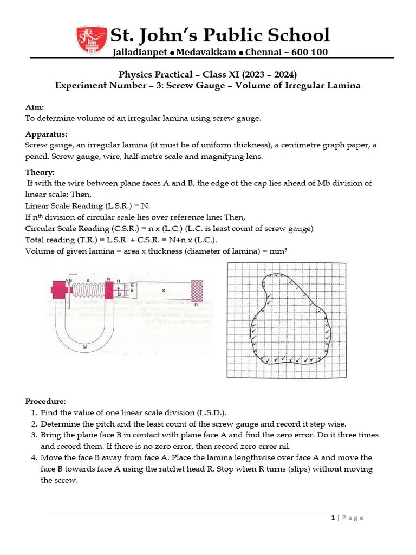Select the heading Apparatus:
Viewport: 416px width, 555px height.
(x=46, y=134)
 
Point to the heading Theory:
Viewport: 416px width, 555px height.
(x=40, y=172)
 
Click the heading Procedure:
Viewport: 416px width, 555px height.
(x=45, y=402)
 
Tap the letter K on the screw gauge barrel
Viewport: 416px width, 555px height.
(x=163, y=291)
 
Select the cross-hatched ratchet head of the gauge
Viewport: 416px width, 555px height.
(x=198, y=291)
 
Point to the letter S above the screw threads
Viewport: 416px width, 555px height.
(x=89, y=280)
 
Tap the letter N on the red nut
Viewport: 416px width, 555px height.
(x=109, y=280)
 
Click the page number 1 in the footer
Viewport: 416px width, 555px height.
(x=333, y=518)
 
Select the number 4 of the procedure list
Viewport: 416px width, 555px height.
(x=34, y=457)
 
